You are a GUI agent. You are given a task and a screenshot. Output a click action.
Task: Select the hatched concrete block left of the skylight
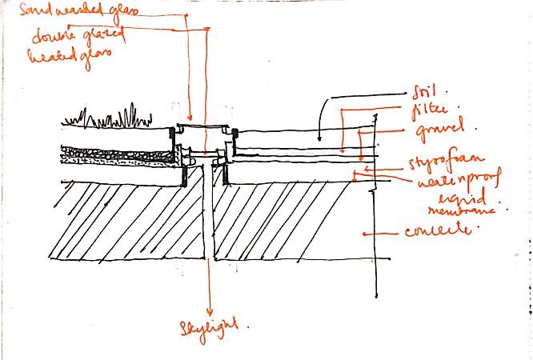[120, 220]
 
